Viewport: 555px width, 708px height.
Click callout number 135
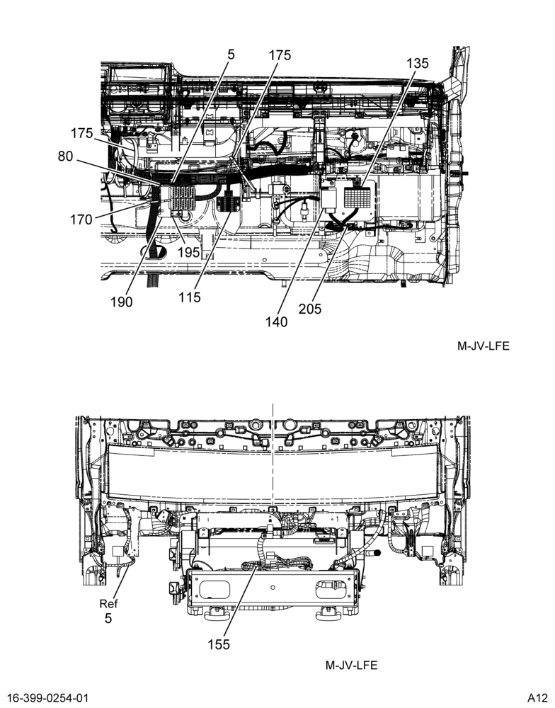tap(417, 63)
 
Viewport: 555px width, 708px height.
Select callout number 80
tap(65, 156)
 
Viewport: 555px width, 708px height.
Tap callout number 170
tap(81, 220)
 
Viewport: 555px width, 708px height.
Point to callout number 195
tap(188, 253)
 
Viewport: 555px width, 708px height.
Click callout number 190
tap(122, 302)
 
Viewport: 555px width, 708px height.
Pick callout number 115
tap(189, 297)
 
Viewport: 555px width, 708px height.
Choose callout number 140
tap(276, 322)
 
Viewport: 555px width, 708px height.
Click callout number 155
tap(219, 645)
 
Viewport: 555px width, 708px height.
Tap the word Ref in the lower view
tap(108, 604)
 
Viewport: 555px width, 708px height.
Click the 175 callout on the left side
tap(81, 134)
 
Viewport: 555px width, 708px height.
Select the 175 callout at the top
tap(280, 55)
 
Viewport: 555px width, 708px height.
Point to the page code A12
tap(537, 698)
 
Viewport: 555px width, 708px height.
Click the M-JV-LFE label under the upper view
tap(484, 346)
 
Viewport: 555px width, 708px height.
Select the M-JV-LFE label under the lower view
tap(351, 665)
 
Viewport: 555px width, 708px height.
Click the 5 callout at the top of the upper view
tap(231, 55)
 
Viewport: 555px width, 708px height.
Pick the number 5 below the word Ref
tap(108, 618)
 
